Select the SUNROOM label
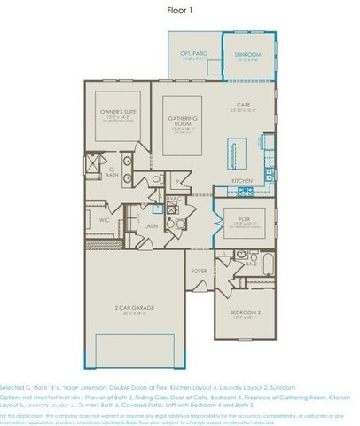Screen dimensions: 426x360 click(x=247, y=56)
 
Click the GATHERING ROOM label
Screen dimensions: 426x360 click(x=178, y=123)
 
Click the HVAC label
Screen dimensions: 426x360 click(x=173, y=199)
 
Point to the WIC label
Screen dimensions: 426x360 click(x=105, y=218)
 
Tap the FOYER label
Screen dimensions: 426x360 click(x=200, y=272)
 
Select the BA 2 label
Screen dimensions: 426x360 click(x=251, y=264)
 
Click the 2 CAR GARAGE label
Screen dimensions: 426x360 click(x=134, y=309)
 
